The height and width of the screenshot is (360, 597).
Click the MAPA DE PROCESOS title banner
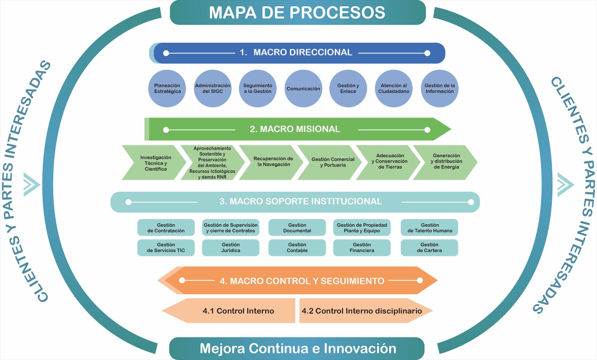tap(298, 12)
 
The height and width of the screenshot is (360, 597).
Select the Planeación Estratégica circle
tap(167, 89)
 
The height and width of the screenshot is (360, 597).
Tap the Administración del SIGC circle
tap(213, 89)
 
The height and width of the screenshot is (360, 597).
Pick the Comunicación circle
tap(303, 89)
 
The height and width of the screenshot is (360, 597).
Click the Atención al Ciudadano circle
tap(394, 89)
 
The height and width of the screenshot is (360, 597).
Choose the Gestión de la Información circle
tap(439, 89)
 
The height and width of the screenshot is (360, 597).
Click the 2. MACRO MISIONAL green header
tap(295, 129)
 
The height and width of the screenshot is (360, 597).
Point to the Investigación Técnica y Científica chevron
tap(155, 163)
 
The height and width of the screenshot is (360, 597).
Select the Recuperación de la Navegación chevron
tap(273, 162)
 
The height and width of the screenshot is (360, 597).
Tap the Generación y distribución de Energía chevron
tap(446, 162)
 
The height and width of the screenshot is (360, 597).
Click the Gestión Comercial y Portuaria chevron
tap(332, 162)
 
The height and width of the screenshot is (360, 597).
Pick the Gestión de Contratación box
tap(166, 228)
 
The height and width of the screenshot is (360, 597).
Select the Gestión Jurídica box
tap(231, 248)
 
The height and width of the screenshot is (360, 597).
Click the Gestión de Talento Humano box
tap(430, 228)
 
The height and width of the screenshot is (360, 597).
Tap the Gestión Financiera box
tap(362, 248)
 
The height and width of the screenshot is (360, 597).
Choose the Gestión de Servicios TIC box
tap(166, 248)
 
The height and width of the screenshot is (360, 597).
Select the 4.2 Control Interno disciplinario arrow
tap(362, 311)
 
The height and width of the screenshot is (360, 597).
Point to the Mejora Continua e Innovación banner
tap(298, 348)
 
